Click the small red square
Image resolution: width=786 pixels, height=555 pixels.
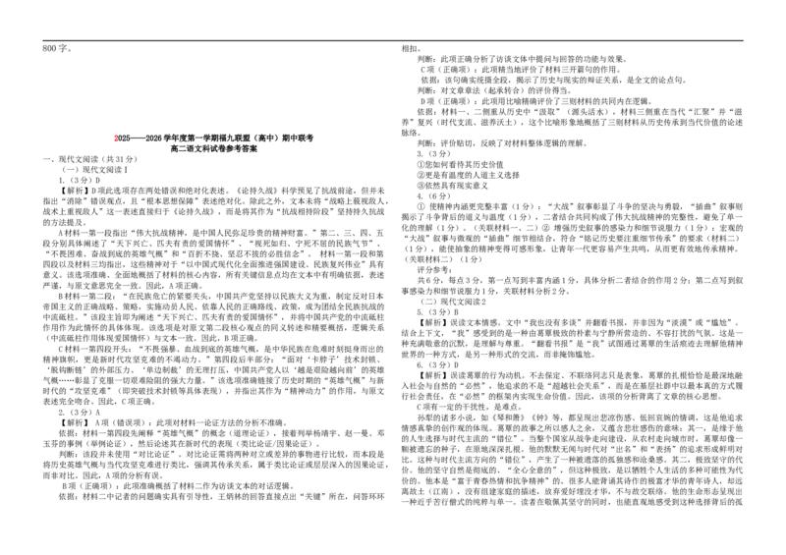click(114, 138)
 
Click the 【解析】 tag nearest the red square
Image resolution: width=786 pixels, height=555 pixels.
click(74, 191)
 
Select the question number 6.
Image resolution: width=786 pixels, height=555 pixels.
click(420, 365)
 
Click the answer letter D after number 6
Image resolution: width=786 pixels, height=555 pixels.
click(455, 365)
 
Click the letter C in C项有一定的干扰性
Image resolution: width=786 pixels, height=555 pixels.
click(420, 407)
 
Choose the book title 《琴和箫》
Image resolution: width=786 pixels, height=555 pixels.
click(496, 417)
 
